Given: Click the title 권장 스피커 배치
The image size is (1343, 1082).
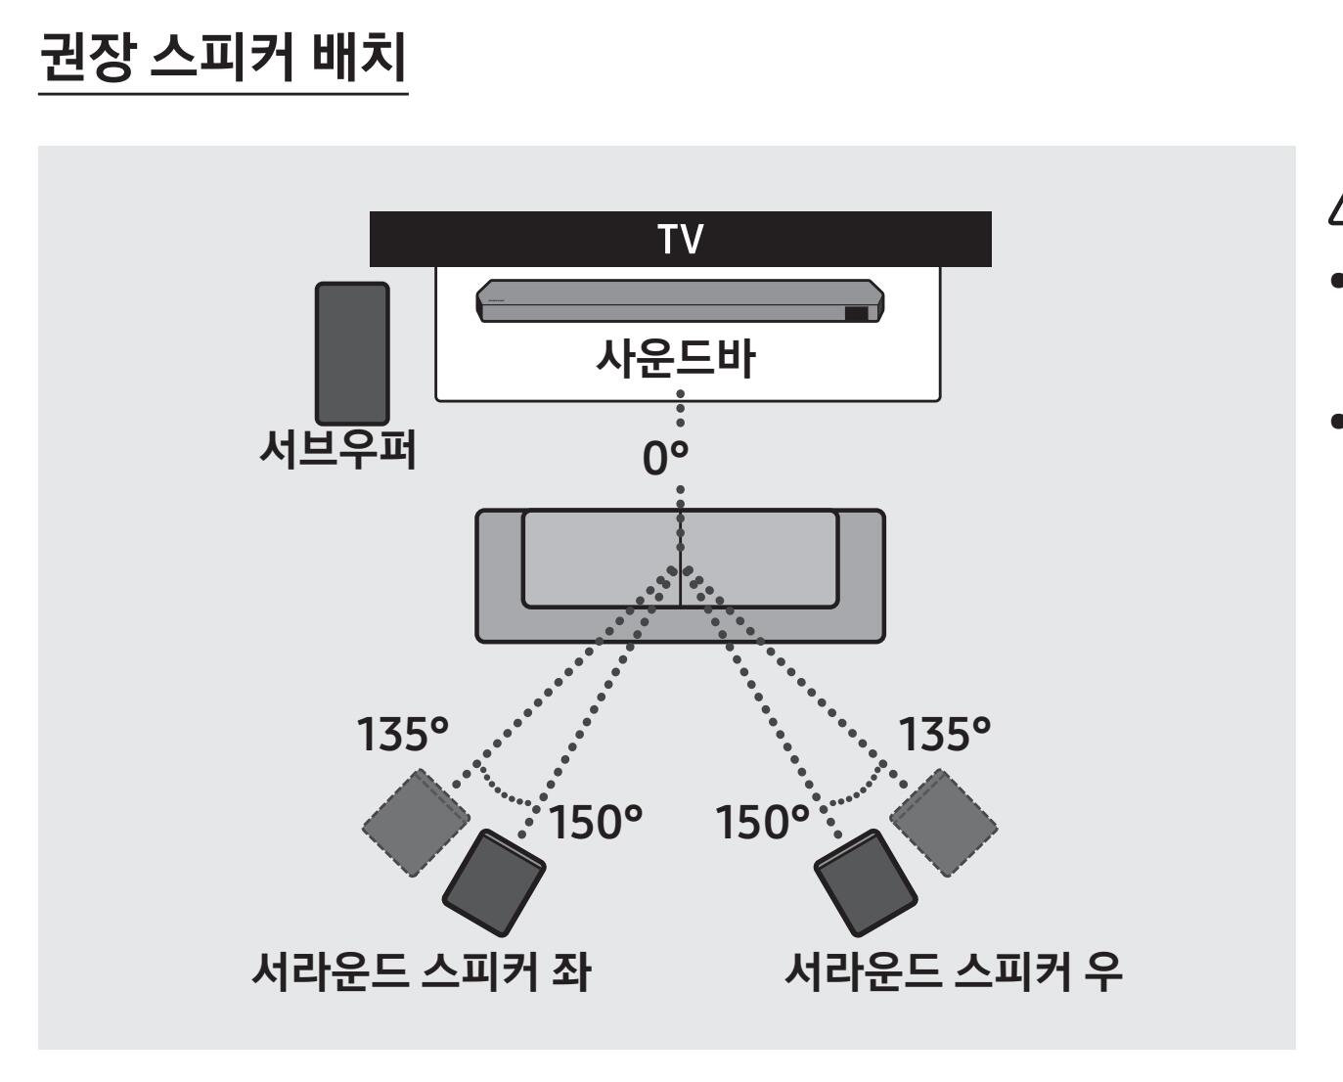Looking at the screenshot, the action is coord(223,57).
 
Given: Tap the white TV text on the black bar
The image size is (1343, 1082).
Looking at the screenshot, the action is coord(680,239).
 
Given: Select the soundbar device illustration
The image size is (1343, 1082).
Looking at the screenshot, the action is coord(680,301).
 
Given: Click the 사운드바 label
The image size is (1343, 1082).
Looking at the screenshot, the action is coord(676,358).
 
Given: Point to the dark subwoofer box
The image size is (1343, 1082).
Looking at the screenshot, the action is coord(352,353).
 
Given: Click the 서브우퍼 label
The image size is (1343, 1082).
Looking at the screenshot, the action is coord(337,449).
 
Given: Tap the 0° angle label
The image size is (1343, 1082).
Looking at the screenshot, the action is coord(665,458).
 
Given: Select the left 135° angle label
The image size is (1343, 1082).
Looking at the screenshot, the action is coord(403,734).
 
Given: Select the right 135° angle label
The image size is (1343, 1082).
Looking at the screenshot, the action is coord(944,734).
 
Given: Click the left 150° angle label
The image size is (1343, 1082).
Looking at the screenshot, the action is coord(596,822).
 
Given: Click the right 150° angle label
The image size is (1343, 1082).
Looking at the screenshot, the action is coord(762,822).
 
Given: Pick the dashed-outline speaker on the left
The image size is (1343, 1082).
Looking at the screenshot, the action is coord(417,823).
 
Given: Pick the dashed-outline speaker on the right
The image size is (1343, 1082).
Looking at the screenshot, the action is coord(944,823).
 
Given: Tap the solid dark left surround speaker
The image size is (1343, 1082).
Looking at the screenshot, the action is coord(494,882).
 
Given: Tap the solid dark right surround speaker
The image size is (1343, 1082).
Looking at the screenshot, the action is coord(866,882).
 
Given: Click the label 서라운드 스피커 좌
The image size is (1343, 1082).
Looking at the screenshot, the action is coord(422,972).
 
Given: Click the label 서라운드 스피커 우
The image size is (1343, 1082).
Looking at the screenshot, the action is coord(953,972).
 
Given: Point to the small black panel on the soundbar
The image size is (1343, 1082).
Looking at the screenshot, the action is coord(856,313).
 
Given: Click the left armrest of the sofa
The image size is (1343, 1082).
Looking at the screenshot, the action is coord(499,575).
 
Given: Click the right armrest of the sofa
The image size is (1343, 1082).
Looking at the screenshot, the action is coord(862,575).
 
